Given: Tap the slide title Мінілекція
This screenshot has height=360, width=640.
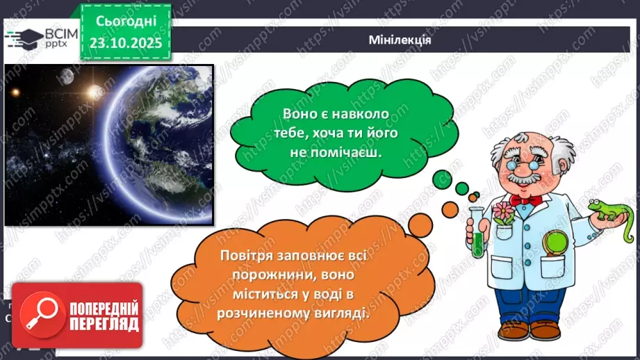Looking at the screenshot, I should point(400,40).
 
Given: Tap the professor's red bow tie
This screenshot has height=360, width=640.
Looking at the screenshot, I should point(525,200).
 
